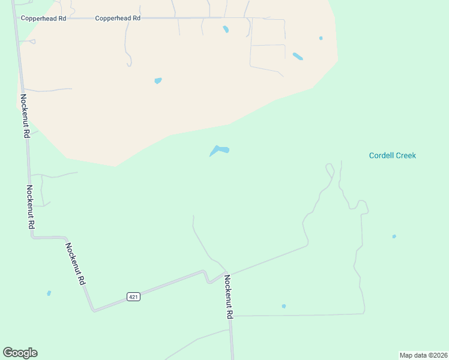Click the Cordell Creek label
(392, 156)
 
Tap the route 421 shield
(133, 297)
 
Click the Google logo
(20, 353)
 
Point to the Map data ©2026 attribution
(423, 355)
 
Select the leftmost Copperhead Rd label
(43, 19)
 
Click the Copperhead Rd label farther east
(118, 19)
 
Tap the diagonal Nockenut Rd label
(76, 264)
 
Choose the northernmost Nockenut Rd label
(25, 116)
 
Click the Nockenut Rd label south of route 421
(229, 296)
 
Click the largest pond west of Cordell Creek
(219, 150)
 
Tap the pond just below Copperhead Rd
(226, 29)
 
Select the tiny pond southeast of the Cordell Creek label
(394, 236)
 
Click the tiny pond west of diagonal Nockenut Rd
(49, 293)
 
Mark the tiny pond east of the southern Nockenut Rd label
(284, 306)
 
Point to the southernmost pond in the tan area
(158, 80)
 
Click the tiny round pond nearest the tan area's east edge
(321, 38)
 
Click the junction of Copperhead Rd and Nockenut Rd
(16, 19)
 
